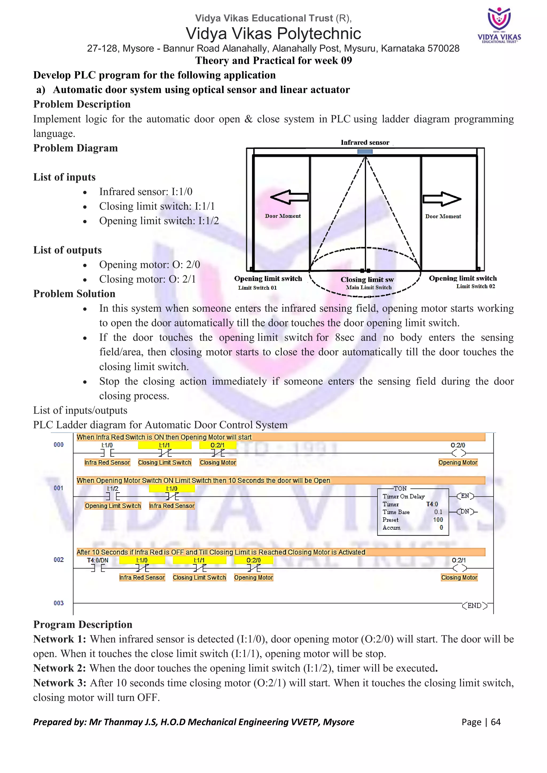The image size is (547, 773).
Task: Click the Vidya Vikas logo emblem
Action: coord(499,19)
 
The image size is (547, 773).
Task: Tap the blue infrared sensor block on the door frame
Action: coord(365,152)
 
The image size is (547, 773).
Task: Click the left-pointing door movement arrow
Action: coord(289,197)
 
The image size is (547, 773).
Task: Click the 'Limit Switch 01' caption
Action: coord(257,287)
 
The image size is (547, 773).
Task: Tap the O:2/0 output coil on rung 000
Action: coord(458,453)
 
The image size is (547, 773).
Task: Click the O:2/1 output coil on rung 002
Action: coord(459,568)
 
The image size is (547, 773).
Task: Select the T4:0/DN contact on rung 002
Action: coord(98,568)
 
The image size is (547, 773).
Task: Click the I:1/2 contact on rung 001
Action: coord(112,496)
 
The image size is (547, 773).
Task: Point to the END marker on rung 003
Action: coord(474,606)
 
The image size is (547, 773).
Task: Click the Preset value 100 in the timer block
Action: coord(438,520)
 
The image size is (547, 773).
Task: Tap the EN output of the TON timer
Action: coord(465,496)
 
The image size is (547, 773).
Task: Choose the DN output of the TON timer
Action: coord(465,511)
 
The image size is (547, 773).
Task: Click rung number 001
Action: coord(58,488)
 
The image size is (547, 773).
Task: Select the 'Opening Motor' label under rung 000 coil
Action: coord(458,463)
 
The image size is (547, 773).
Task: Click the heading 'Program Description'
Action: coord(83,625)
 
